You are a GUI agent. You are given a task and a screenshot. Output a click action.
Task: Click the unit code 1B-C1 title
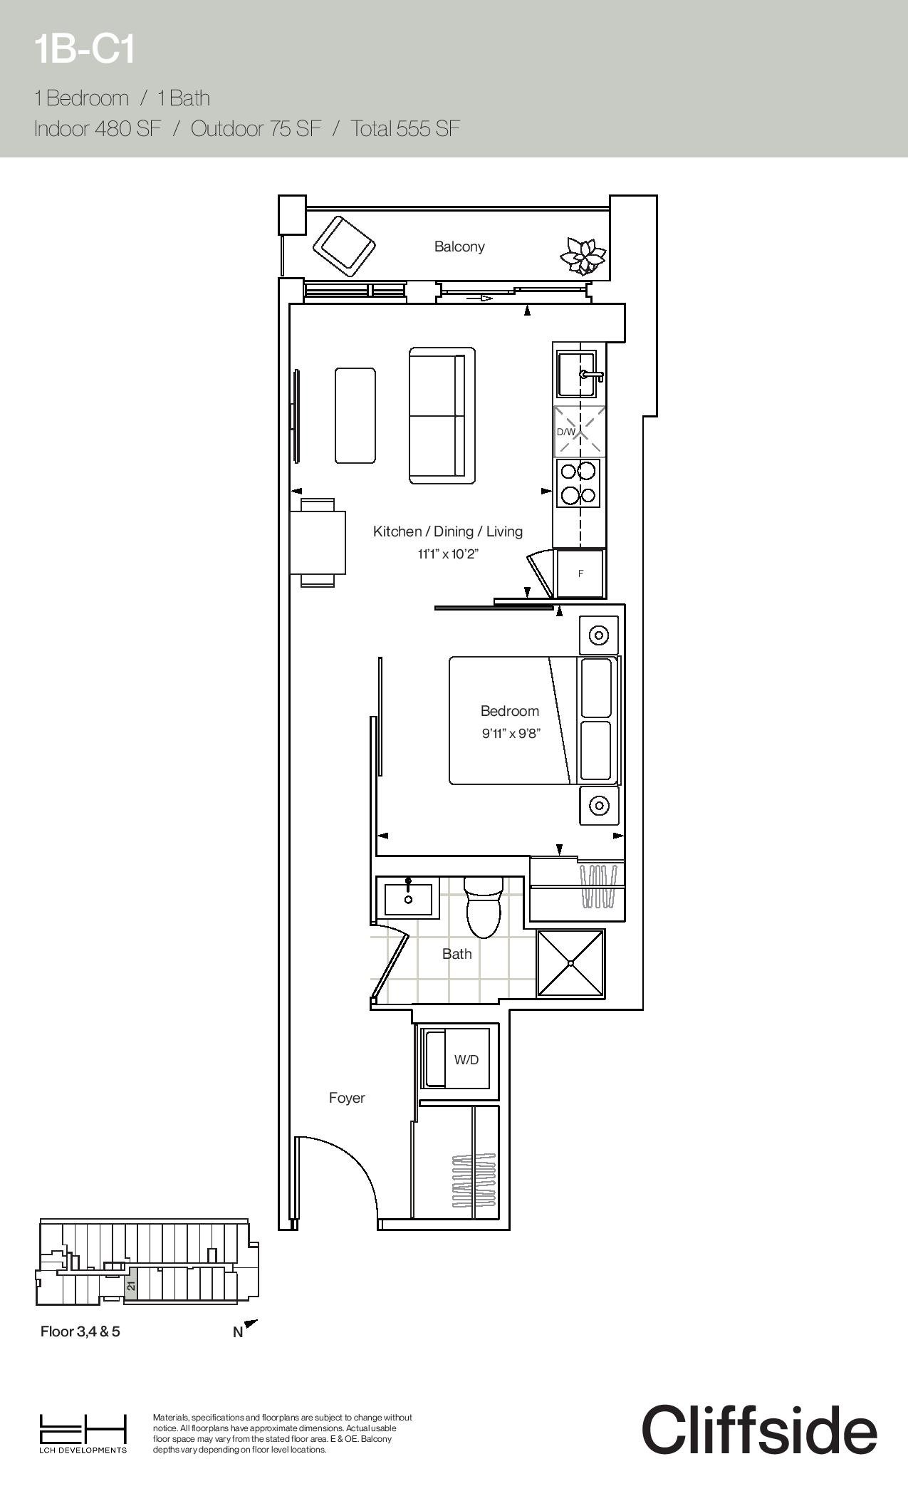84,51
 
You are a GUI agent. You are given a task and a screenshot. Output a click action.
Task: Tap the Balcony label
459,246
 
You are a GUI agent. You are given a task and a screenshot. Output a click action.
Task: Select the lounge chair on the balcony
344,246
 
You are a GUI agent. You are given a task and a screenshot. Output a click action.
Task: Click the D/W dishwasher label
565,432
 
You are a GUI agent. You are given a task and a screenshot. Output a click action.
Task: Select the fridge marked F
580,573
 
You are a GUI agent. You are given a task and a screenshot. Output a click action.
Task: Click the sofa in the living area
442,416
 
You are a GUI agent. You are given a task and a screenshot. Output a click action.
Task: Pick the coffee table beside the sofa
355,415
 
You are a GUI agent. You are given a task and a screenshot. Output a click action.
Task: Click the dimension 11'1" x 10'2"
448,554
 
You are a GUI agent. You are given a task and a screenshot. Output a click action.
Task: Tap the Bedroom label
510,711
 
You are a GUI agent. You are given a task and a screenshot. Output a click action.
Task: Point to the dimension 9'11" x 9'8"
511,733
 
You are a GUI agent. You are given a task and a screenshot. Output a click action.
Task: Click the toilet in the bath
484,907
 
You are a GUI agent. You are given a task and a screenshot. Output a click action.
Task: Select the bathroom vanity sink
408,899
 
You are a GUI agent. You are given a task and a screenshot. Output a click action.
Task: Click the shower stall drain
571,963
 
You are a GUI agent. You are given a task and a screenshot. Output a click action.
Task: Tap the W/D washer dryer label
466,1060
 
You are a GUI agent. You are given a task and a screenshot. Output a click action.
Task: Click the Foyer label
347,1098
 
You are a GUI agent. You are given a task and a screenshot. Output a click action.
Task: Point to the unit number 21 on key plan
131,1287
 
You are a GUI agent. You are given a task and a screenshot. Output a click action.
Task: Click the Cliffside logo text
759,1429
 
